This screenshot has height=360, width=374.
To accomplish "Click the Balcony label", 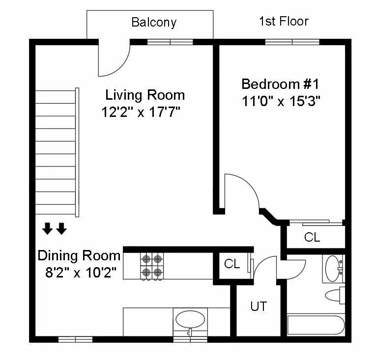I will [x=153, y=22].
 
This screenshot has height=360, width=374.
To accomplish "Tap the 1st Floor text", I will [x=284, y=21].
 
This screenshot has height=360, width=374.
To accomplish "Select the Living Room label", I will [x=145, y=95].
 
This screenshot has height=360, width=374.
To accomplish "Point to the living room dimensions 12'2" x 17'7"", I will [x=142, y=112].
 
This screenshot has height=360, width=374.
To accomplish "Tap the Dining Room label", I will [x=79, y=256].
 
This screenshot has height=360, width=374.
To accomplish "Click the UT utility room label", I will [x=259, y=306].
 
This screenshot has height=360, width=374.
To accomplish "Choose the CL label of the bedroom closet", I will [x=312, y=238].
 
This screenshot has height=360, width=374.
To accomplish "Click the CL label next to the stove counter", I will [x=231, y=264].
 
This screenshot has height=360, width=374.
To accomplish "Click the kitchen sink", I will [x=190, y=320].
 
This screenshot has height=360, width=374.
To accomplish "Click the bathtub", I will [x=316, y=326].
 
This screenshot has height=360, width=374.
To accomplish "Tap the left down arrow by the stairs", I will [x=48, y=228].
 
